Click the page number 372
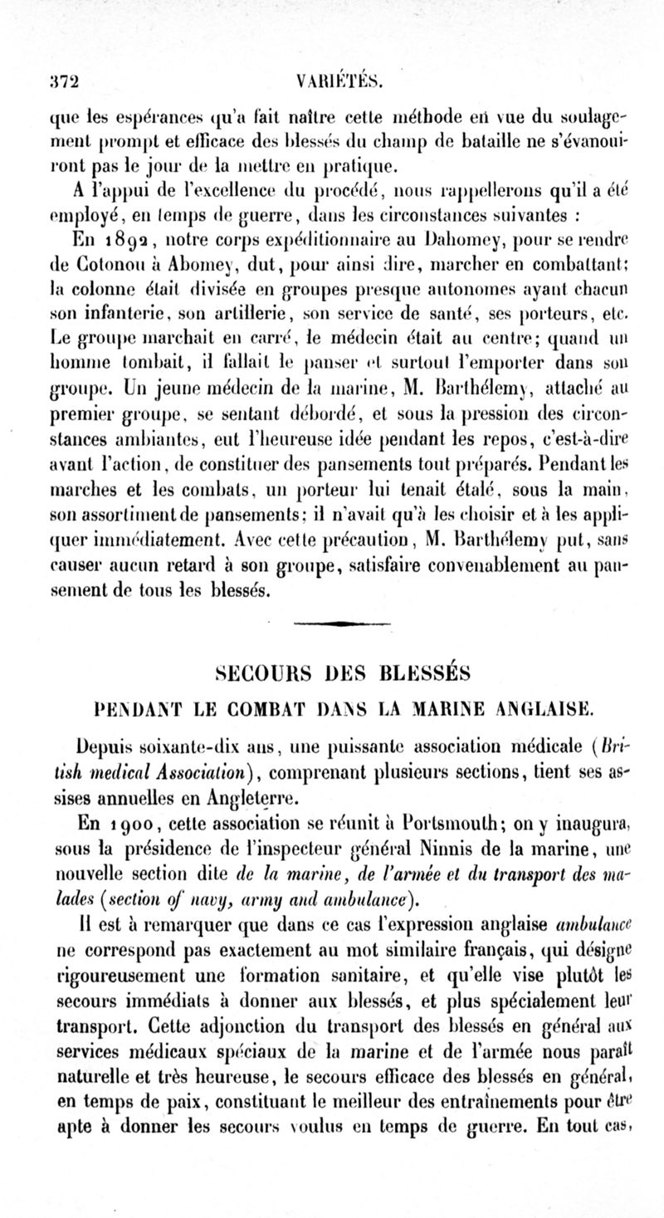63,81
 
